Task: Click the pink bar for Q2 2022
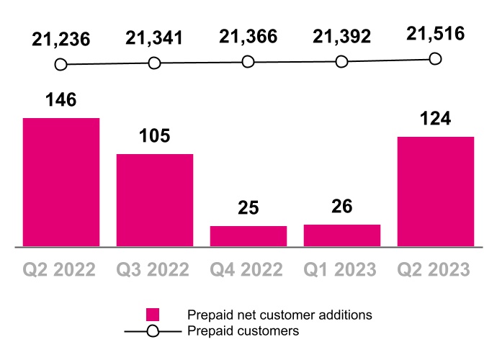tap(61, 181)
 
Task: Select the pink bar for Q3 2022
tap(155, 199)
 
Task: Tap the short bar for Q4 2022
tap(248, 236)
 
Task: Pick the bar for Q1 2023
tap(342, 235)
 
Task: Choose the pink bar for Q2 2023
tap(436, 191)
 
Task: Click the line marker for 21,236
tap(61, 65)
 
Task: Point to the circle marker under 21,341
tap(155, 63)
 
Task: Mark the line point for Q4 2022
tap(248, 63)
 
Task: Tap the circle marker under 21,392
tap(342, 62)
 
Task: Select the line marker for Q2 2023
tap(435, 59)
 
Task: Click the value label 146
tap(61, 100)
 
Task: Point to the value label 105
tap(155, 136)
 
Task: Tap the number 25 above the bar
tap(248, 208)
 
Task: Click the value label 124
tap(436, 118)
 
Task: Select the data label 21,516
tap(436, 34)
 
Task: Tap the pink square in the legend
tap(152, 315)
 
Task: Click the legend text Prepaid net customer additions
tap(279, 315)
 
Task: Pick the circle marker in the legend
tap(152, 331)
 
